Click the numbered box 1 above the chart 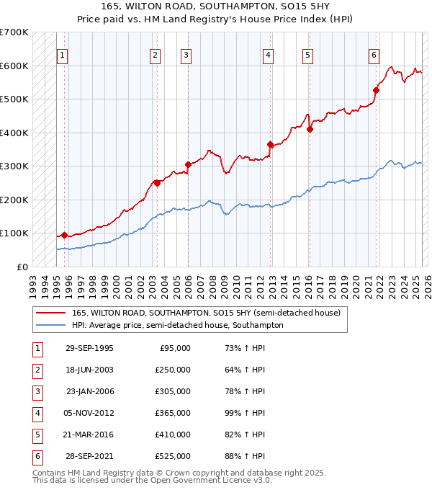point(63,55)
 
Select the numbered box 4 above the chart point(268,55)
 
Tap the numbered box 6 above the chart point(374,55)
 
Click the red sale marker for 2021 point(376,91)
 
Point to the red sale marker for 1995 point(65,235)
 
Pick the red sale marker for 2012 point(270,144)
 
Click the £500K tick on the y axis point(14,99)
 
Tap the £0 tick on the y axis point(22,267)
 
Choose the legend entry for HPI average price point(177,325)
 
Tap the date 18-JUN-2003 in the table point(89,370)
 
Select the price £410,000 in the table point(173,435)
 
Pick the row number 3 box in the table point(37,391)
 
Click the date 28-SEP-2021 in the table point(89,456)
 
